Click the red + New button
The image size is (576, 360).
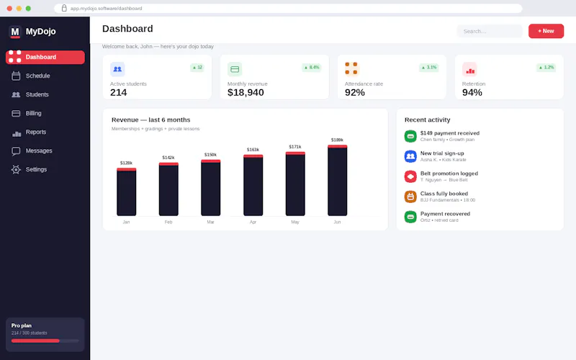[x=546, y=31]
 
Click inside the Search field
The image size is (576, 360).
[x=490, y=31]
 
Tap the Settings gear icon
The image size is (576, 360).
[x=16, y=169]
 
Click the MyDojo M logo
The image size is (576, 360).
[x=15, y=32]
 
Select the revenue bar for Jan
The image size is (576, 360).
[x=127, y=192]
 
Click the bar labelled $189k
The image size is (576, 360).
[x=337, y=181]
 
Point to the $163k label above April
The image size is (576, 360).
[x=253, y=150]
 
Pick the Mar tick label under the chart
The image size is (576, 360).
[x=210, y=222]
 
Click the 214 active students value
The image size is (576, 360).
[x=118, y=93]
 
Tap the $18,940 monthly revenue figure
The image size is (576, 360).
[x=246, y=93]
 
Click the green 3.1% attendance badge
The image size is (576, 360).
[x=429, y=67]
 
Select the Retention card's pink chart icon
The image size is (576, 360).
[x=469, y=69]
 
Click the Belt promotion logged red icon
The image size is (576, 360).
[x=410, y=176]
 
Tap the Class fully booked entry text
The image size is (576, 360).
[x=444, y=194]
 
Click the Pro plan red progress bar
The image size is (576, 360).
[x=35, y=341]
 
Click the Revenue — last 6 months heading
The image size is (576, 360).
[x=151, y=120]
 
